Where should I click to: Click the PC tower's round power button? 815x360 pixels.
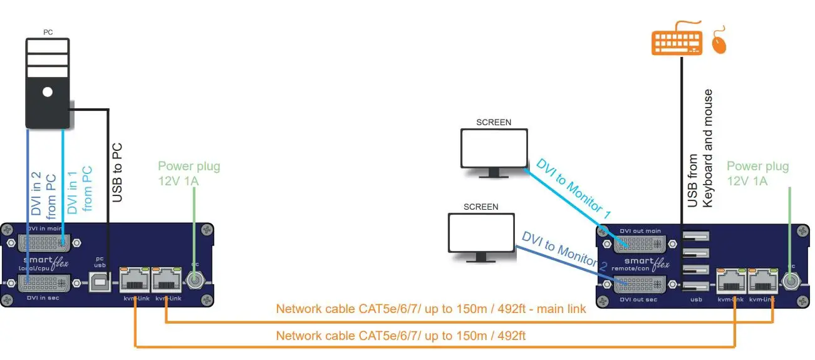tap(48, 93)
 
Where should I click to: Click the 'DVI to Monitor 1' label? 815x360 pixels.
tap(573, 188)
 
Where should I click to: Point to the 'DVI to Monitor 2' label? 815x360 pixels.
tap(564, 250)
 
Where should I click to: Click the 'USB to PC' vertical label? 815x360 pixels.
tap(117, 173)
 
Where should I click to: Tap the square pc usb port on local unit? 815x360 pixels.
tap(100, 282)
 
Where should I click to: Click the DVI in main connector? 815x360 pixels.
tap(44, 241)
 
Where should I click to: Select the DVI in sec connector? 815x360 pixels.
tap(44, 282)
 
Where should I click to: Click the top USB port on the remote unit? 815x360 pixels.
tap(696, 237)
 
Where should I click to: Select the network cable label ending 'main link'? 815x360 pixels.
tap(431, 309)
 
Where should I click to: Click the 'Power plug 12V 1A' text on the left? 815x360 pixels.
tap(189, 173)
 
